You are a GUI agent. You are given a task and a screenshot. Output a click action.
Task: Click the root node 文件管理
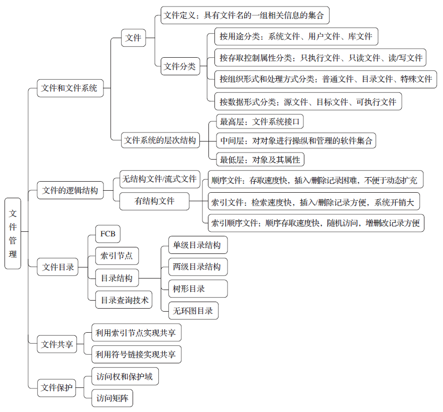point(13,233)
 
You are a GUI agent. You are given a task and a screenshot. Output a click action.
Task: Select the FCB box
point(108,234)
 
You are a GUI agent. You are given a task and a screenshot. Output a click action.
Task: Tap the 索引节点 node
point(117,255)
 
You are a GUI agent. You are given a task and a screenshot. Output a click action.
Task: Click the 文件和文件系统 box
point(70,88)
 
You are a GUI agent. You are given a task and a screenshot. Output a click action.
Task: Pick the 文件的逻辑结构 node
point(70,190)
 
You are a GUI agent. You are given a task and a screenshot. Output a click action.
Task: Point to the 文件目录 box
point(58,266)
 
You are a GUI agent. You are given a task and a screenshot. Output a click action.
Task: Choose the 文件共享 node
point(57,344)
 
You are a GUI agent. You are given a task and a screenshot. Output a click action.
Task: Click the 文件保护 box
point(56,388)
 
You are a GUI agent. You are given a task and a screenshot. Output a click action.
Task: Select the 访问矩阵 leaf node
point(112,398)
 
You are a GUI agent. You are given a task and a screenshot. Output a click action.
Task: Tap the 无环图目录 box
point(193,311)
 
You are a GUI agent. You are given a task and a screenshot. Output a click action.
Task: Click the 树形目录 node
point(198,289)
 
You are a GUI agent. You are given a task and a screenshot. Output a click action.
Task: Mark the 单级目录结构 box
point(198,245)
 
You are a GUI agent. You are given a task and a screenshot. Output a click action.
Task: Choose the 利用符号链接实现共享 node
point(137,354)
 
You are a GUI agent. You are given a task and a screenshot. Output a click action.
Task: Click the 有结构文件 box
point(154,201)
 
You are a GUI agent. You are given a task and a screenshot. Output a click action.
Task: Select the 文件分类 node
point(180,66)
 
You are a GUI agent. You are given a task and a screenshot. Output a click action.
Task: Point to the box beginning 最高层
point(260,121)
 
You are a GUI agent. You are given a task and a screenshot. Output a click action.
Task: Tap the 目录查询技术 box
point(124,300)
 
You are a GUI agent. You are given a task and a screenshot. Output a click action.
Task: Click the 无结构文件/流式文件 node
point(160,179)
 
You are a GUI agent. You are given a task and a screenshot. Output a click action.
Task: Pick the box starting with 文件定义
point(245,15)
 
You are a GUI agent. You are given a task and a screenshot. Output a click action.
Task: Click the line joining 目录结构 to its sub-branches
point(150,278)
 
